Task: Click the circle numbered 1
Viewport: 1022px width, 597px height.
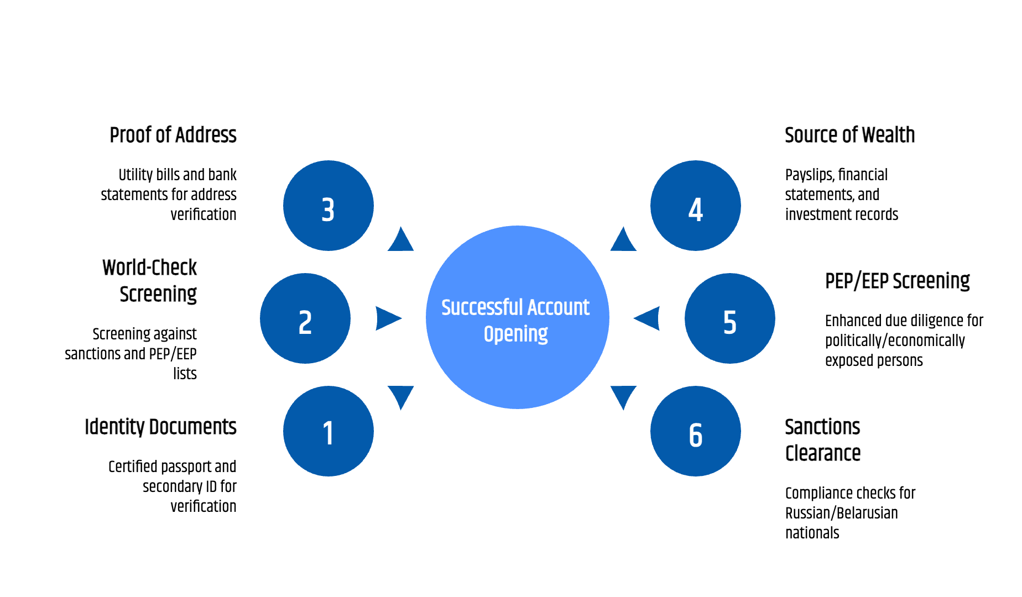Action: (x=328, y=431)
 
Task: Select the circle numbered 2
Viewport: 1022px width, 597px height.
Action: (x=305, y=318)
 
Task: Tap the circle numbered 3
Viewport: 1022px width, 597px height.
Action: (x=328, y=206)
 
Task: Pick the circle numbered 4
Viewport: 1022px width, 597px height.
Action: (x=696, y=206)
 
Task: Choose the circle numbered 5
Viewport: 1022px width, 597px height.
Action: (x=730, y=318)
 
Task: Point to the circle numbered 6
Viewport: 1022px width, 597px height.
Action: (x=696, y=431)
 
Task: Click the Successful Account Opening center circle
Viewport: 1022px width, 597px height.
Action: (x=518, y=317)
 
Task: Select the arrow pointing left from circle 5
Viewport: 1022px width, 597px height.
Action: (x=648, y=318)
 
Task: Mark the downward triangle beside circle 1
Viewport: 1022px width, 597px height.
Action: (x=400, y=396)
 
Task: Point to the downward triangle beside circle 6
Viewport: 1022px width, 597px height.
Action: (x=624, y=396)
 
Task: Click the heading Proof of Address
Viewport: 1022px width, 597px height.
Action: (x=173, y=135)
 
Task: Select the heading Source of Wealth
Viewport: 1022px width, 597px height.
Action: (x=849, y=135)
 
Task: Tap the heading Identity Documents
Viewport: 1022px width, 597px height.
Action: (x=160, y=427)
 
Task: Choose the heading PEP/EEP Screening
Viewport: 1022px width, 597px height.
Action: (x=897, y=281)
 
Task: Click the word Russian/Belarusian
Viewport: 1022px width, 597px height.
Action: (x=841, y=513)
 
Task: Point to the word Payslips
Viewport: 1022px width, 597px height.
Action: (x=809, y=175)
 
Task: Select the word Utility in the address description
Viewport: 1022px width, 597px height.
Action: (x=135, y=175)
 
